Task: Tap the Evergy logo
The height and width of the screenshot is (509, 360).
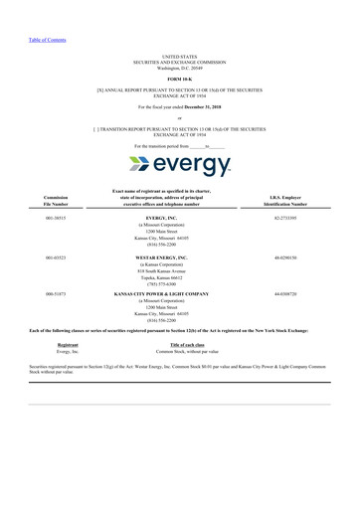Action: [x=179, y=164]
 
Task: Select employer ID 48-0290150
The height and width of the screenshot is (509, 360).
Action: [x=285, y=256]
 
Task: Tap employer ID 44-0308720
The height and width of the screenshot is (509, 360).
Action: [x=285, y=294]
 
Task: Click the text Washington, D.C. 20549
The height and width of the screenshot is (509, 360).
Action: [x=179, y=66]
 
